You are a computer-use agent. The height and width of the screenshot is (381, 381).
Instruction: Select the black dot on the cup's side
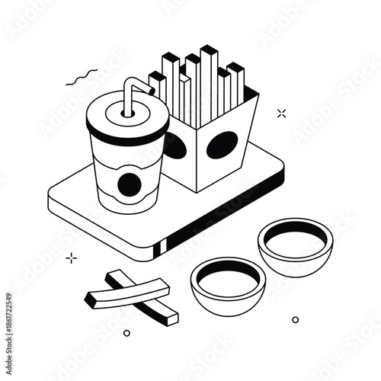pyautogui.click(x=130, y=184)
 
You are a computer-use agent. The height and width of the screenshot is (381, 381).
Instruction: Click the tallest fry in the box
pyautogui.click(x=208, y=76)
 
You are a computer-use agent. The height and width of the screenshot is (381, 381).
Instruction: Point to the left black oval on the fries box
pyautogui.click(x=175, y=146)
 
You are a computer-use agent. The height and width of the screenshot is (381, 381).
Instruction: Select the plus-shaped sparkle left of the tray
pyautogui.click(x=72, y=258)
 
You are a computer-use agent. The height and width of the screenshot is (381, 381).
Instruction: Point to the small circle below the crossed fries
pyautogui.click(x=126, y=333)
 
